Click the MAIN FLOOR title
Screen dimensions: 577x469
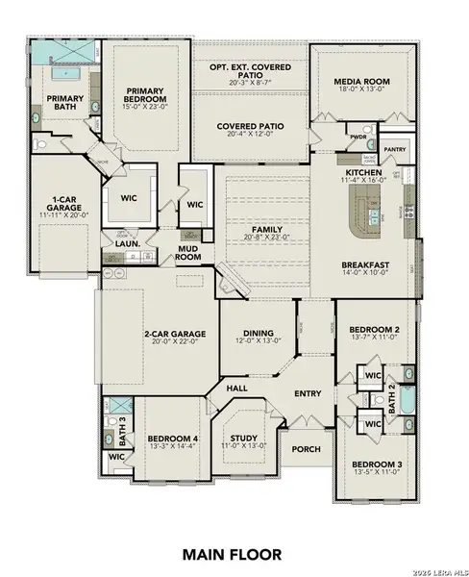[234, 554]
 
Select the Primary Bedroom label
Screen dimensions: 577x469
[146, 94]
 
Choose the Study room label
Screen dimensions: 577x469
[243, 438]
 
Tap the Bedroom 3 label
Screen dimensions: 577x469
[373, 464]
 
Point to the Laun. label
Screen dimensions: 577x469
[128, 243]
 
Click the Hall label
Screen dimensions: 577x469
[236, 388]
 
